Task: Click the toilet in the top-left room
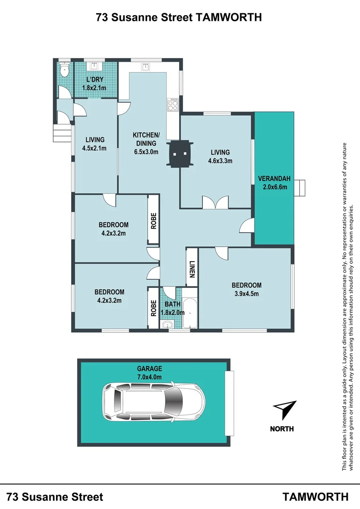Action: coord(65,69)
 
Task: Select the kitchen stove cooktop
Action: coord(172,105)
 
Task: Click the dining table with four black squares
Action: coord(180,154)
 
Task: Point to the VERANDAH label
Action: coord(274,182)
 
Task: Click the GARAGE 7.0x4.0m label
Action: coord(149,373)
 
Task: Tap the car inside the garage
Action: coord(154,402)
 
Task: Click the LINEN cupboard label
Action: coord(192,269)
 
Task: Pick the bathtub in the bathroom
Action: coord(190,313)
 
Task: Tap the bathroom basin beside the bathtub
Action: coord(168,324)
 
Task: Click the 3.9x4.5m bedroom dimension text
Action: coord(247,294)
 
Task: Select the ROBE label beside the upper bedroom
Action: coord(154,221)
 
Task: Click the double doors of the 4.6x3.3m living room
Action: coord(215,202)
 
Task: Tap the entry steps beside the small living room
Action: coord(62,133)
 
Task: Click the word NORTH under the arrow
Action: coord(282,429)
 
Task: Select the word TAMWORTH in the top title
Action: coord(229,17)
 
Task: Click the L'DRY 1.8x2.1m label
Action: coord(94,83)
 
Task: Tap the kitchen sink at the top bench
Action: coord(145,67)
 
